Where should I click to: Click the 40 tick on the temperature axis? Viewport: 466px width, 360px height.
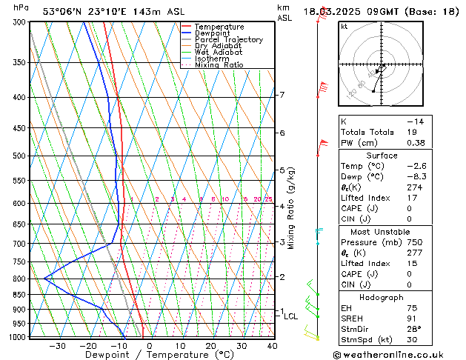272,345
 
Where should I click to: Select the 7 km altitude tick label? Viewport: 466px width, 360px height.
282,95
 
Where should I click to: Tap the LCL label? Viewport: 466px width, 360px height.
290,316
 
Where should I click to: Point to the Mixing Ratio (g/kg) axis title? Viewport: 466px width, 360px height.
291,208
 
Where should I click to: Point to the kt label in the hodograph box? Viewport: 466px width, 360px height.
344,27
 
